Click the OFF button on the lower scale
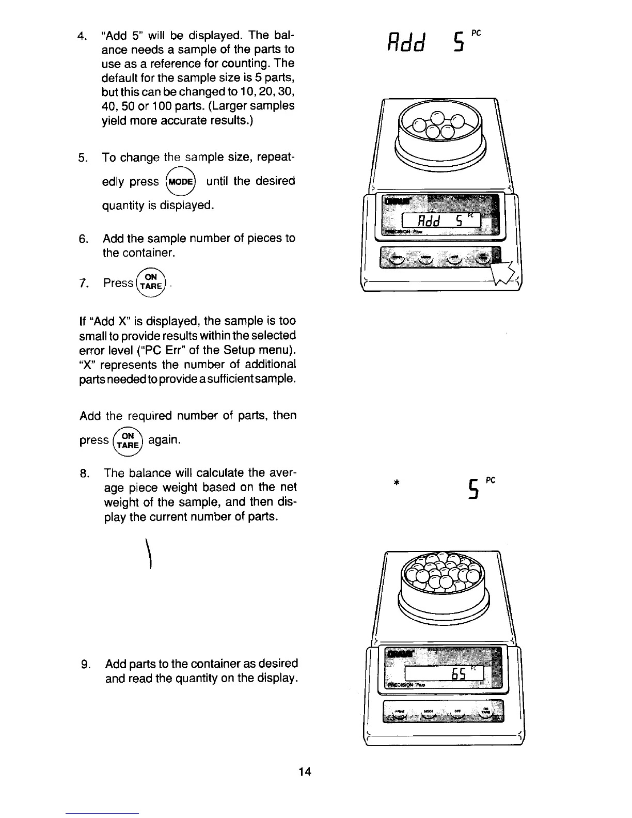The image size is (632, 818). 456,713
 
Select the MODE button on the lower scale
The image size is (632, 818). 428,713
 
